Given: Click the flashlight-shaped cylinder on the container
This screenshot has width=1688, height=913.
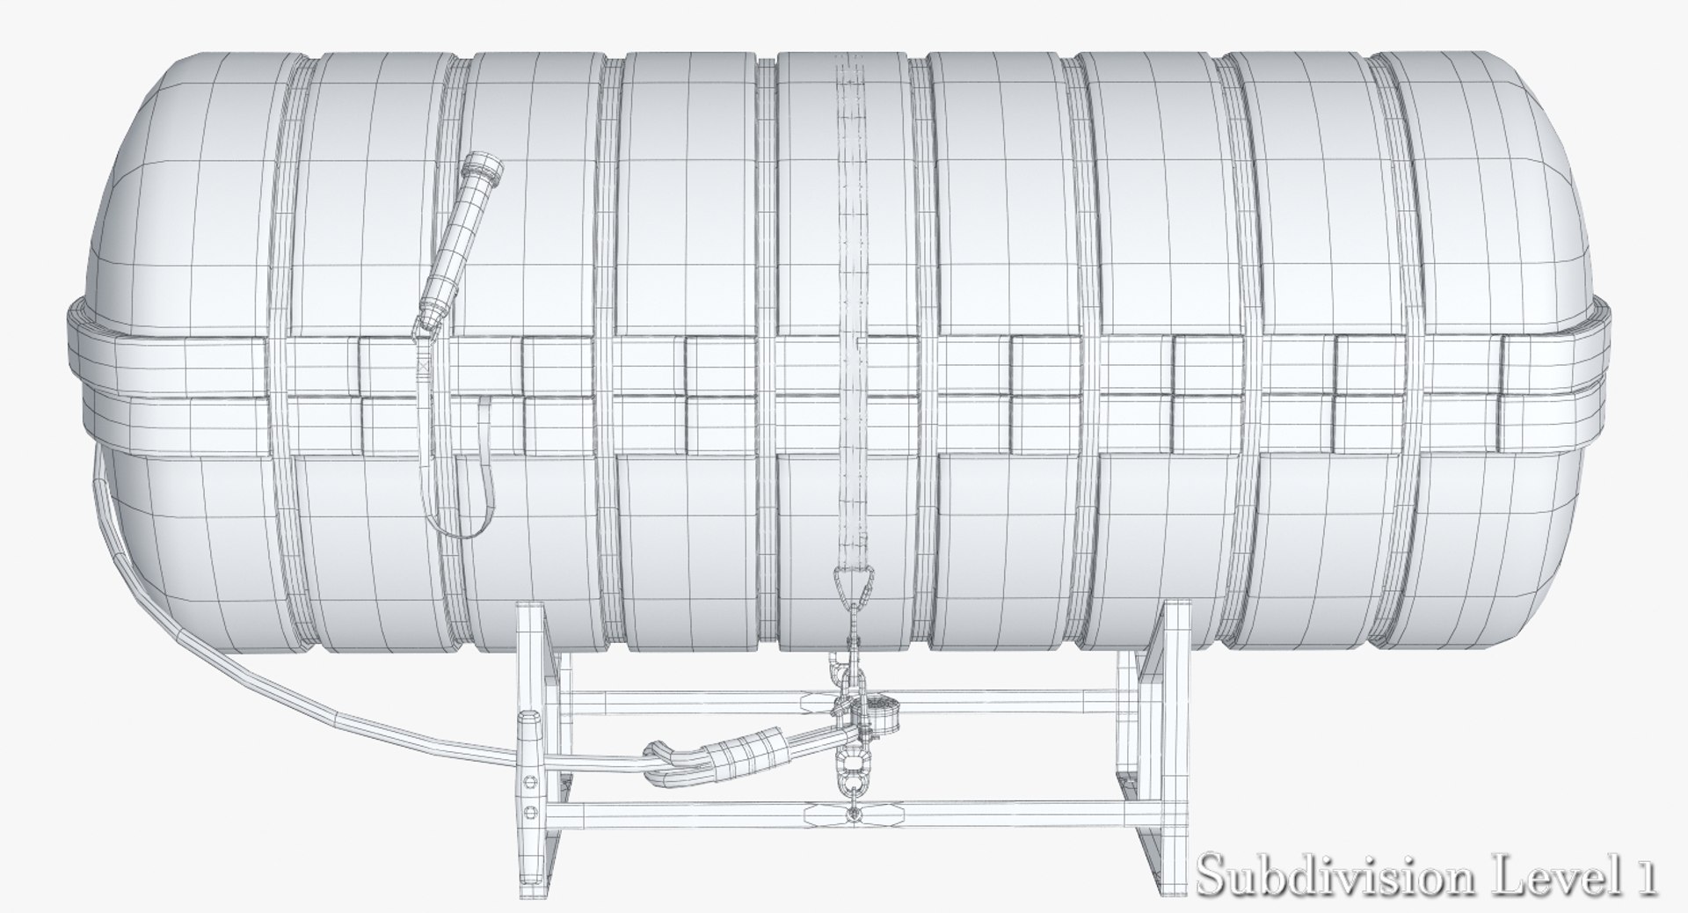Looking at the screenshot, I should (455, 237).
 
